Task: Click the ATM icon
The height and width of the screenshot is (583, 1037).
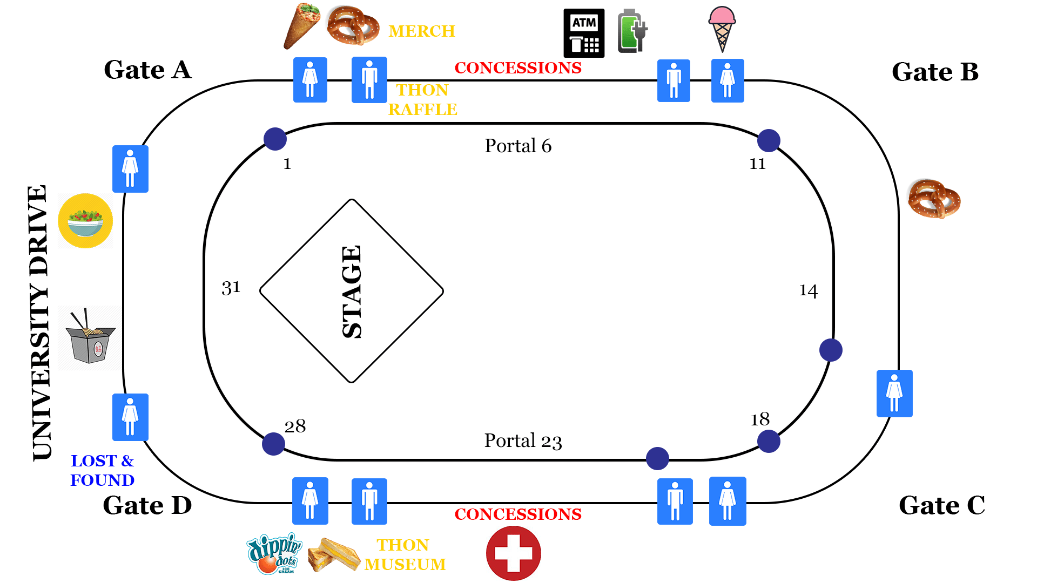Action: [584, 33]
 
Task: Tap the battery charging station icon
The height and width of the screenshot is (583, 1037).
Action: [631, 31]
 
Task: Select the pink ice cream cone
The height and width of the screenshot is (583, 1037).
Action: [722, 29]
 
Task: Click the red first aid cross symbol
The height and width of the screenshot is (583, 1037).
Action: [513, 553]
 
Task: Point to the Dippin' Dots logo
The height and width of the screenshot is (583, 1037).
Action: [274, 553]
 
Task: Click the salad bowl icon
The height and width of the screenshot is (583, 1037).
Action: [85, 221]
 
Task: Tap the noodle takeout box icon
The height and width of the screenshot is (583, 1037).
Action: [90, 337]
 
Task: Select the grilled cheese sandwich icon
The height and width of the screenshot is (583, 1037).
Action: [334, 554]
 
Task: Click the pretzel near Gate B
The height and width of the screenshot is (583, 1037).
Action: [934, 199]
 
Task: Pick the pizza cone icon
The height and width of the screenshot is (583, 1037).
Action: [302, 25]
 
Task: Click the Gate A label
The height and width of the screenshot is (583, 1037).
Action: [147, 70]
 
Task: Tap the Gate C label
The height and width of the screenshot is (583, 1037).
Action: [941, 506]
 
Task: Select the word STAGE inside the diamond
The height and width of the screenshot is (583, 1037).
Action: [352, 291]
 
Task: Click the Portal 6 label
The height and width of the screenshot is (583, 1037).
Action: [518, 146]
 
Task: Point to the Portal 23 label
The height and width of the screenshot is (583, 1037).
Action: [523, 441]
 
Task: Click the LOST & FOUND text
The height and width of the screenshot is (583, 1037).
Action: [102, 470]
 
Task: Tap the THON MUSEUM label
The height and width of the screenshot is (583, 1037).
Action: [405, 554]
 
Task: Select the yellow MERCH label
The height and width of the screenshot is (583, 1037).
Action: [422, 31]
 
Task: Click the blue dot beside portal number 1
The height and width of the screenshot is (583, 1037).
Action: [275, 139]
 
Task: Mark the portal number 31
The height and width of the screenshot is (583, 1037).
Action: [231, 288]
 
